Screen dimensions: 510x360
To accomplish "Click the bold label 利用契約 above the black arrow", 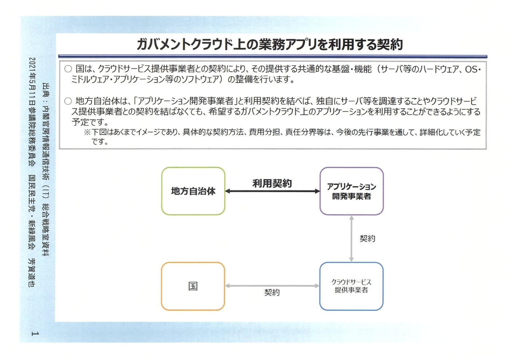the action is coord(272,183).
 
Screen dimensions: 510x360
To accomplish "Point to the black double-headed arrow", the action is coord(272,191).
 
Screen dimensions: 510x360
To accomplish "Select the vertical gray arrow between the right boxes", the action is coord(351,238).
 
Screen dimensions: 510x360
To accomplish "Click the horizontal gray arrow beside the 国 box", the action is coord(272,286).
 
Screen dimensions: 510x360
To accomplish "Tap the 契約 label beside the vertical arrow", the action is coord(367,238).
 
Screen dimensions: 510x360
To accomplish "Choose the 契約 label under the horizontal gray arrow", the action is coord(272,292).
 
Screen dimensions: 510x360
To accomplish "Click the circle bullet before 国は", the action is coord(68,69).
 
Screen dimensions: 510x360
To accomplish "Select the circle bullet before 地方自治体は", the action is coord(68,101).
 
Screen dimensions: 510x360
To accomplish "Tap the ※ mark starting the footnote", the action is coord(87,132).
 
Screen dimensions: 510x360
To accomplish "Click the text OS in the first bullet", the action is coord(471,69).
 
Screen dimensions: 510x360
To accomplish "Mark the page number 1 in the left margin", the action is coord(35,333).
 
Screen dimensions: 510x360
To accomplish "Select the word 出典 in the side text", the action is coord(46,90).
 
